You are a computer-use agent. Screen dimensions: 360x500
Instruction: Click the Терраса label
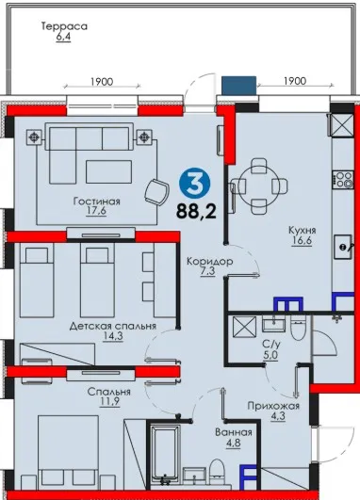pyautogui.click(x=64, y=26)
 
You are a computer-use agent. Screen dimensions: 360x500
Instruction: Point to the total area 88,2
pyautogui.click(x=196, y=211)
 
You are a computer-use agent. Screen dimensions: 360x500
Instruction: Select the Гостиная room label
pyautogui.click(x=97, y=202)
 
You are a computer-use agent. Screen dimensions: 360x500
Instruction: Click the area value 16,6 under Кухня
pyautogui.click(x=302, y=240)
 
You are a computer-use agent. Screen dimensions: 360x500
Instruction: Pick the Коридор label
pyautogui.click(x=209, y=262)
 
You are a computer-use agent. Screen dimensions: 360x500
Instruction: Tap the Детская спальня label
pyautogui.click(x=113, y=326)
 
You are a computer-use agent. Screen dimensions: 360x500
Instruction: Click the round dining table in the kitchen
pyautogui.click(x=258, y=185)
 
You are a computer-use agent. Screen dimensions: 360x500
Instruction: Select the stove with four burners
pyautogui.click(x=343, y=179)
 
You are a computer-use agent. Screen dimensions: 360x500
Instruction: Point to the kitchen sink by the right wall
pyautogui.click(x=343, y=247)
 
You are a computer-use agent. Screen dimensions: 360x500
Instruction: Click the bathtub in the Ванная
pyautogui.click(x=164, y=455)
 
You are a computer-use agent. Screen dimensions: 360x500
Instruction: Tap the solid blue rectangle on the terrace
pyautogui.click(x=239, y=86)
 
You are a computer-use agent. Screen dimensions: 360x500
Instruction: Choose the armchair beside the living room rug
pyautogui.click(x=156, y=191)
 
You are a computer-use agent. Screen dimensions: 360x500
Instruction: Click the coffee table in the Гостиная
pyautogui.click(x=108, y=171)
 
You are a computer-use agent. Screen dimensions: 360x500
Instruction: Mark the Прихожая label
pyautogui.click(x=273, y=406)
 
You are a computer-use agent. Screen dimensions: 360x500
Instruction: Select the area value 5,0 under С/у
pyautogui.click(x=270, y=355)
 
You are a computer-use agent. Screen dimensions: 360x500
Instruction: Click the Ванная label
pyautogui.click(x=234, y=432)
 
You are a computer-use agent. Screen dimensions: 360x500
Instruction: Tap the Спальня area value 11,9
pyautogui.click(x=109, y=401)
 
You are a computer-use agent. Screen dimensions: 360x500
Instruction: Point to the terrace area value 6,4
pyautogui.click(x=63, y=37)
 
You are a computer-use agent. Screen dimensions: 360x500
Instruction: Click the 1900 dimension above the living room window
pyautogui.click(x=102, y=82)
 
